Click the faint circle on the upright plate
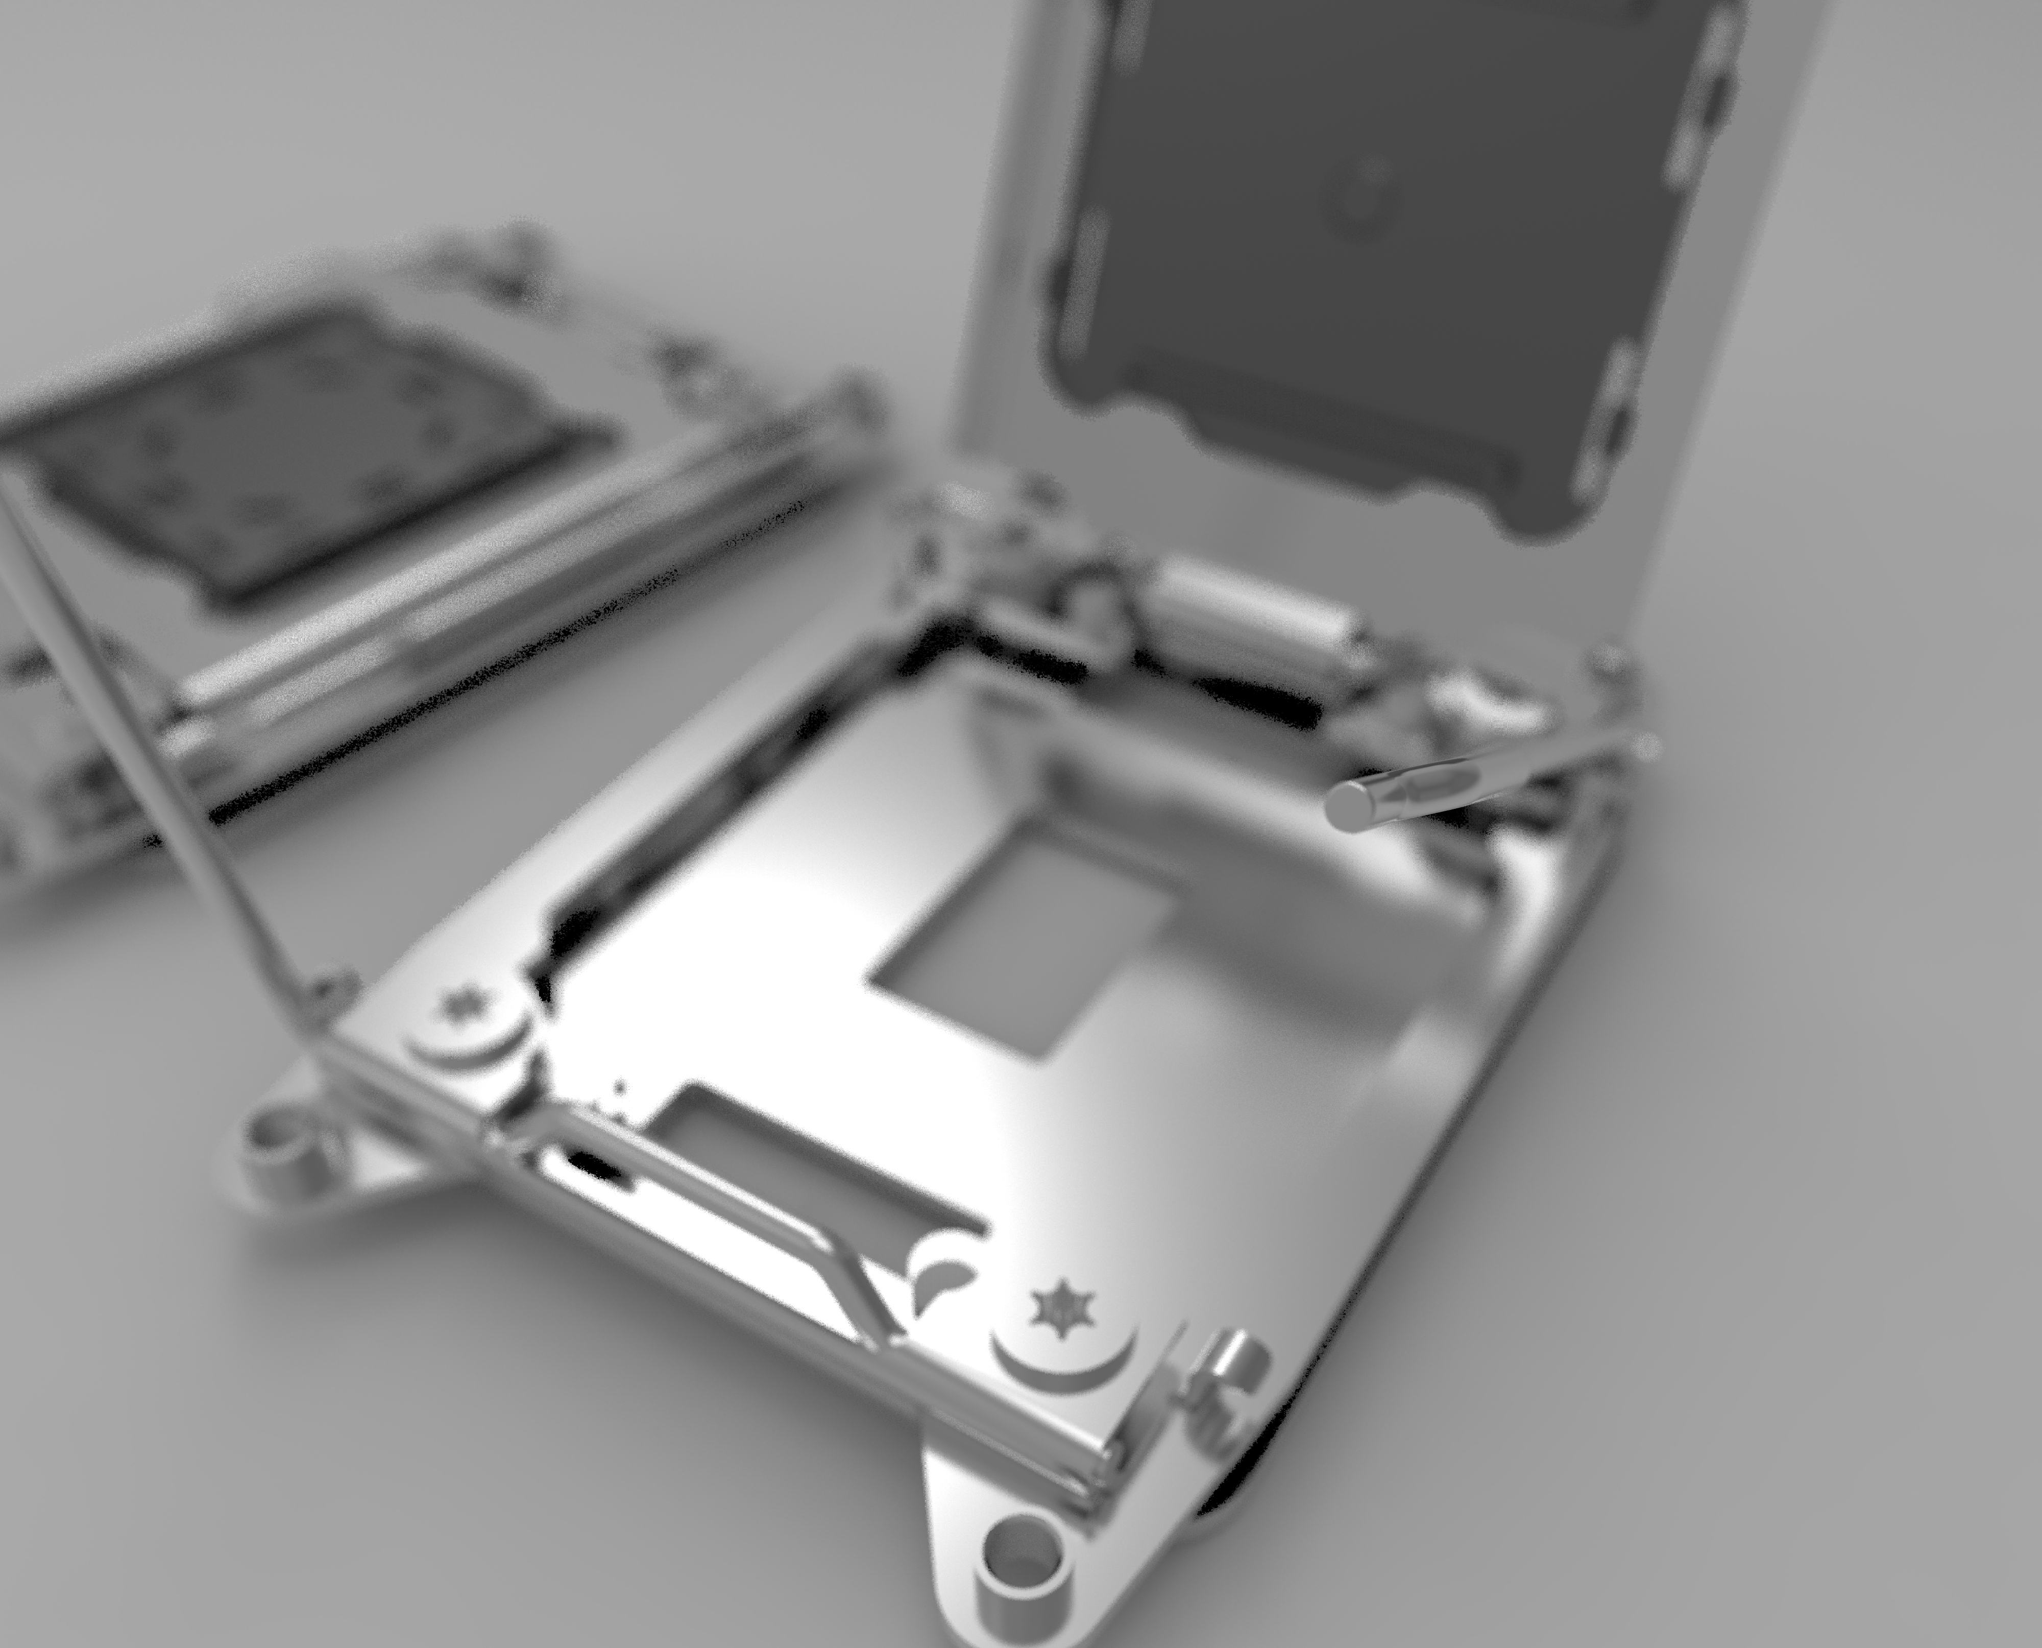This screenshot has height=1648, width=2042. pyautogui.click(x=1367, y=195)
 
